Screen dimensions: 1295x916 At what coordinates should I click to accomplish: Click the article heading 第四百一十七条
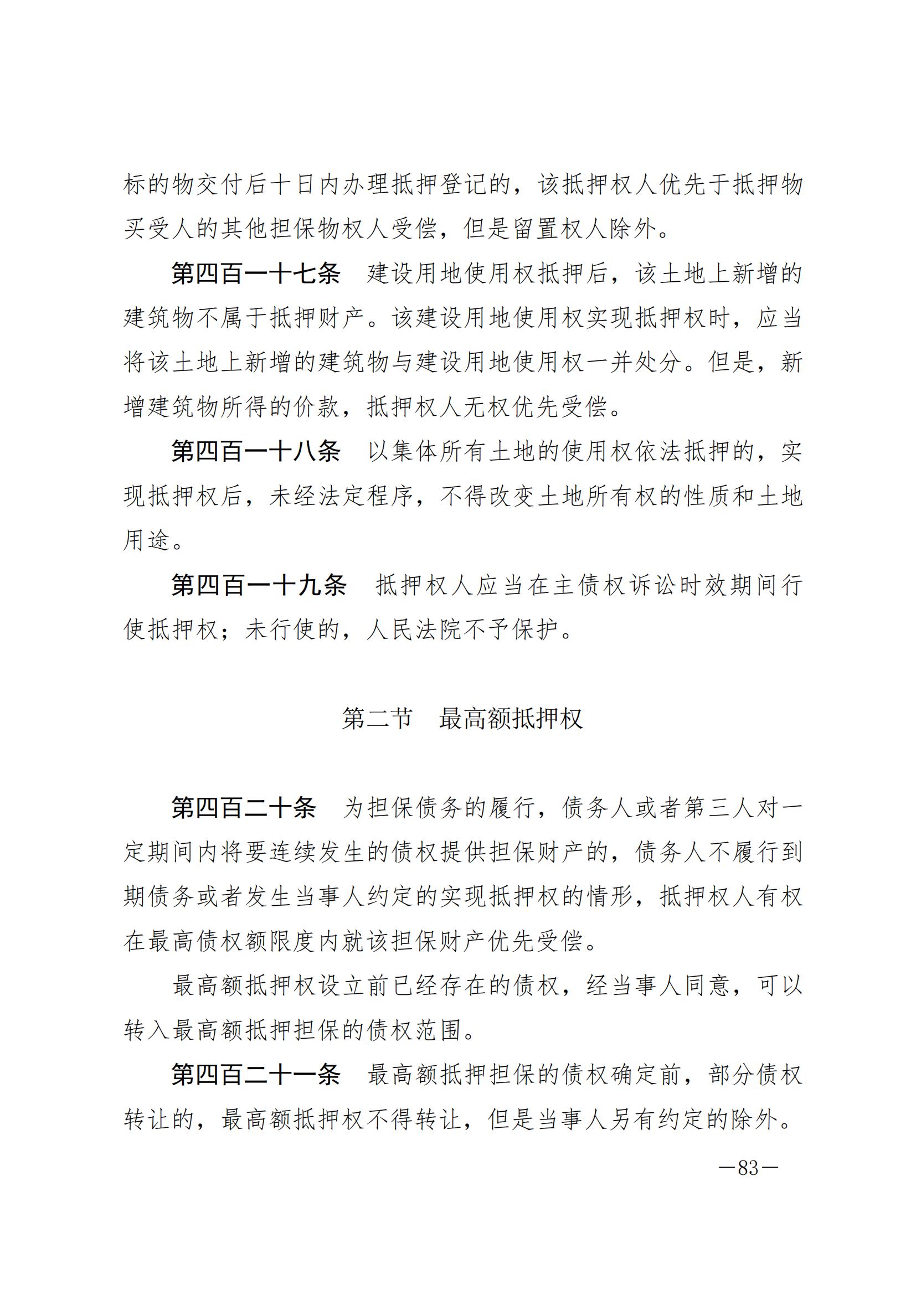pos(256,275)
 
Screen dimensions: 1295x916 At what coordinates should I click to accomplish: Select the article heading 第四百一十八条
pos(256,452)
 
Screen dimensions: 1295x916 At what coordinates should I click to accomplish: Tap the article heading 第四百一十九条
pos(259,585)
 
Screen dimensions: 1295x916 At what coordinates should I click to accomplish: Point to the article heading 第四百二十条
pos(244,808)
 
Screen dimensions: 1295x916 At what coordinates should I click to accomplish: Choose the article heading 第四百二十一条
pos(256,1075)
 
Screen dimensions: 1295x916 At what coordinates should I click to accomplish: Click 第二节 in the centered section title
pos(377,719)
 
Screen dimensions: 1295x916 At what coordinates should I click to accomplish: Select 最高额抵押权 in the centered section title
pos(511,719)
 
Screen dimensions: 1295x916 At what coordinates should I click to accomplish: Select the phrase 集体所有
pos(439,452)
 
